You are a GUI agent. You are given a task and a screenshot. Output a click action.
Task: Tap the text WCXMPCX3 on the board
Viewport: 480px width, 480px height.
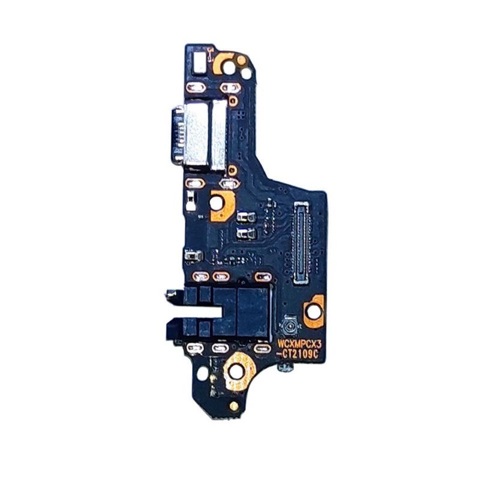tap(296, 343)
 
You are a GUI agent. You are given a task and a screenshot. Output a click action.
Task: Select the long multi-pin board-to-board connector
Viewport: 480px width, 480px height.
tap(301, 242)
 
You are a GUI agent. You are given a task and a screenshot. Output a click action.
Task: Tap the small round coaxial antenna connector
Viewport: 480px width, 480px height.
tap(288, 327)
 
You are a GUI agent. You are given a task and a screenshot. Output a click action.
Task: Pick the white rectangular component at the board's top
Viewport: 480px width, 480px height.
tap(199, 63)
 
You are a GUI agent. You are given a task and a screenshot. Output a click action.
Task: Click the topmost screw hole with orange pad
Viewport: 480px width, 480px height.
tap(229, 67)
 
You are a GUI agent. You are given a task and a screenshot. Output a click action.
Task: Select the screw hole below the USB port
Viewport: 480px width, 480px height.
tap(216, 203)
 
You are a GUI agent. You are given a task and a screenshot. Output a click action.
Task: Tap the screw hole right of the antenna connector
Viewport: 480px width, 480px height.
tap(313, 311)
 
